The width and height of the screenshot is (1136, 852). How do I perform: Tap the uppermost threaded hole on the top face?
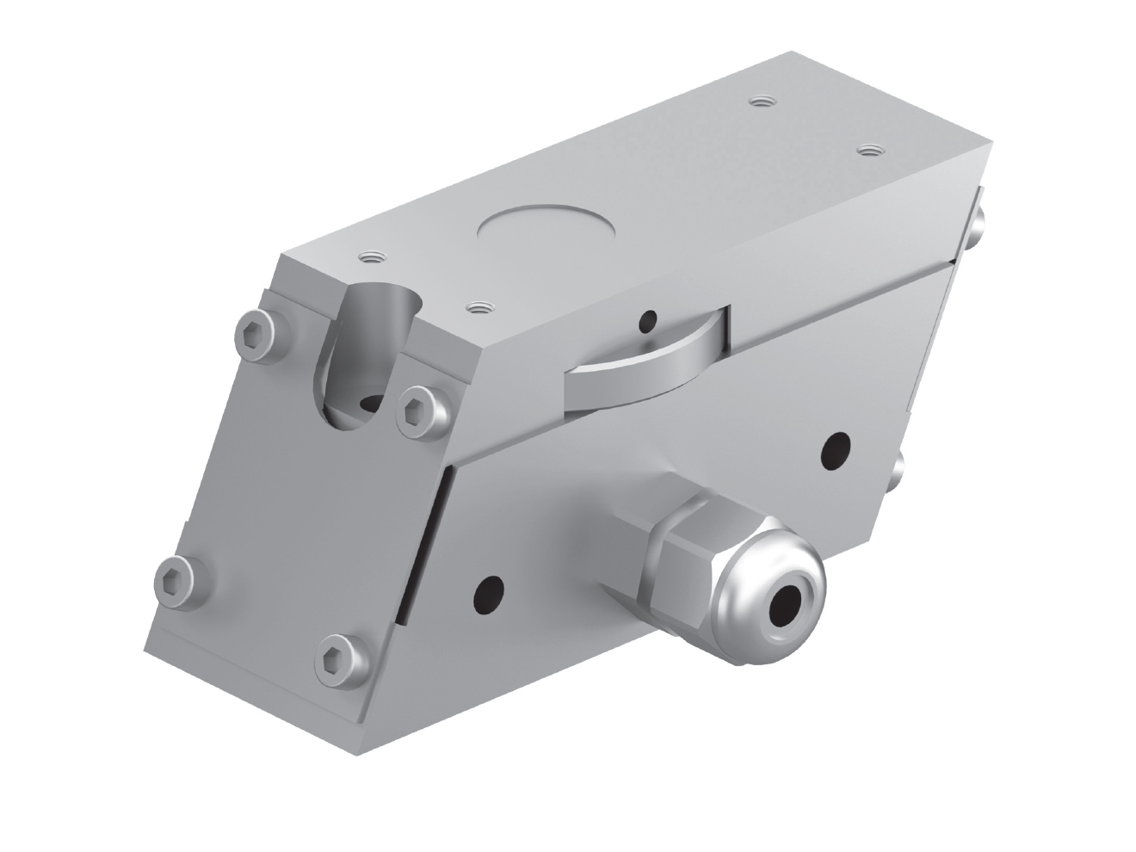tap(758, 102)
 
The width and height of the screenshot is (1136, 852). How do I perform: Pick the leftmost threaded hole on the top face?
tap(372, 256)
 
